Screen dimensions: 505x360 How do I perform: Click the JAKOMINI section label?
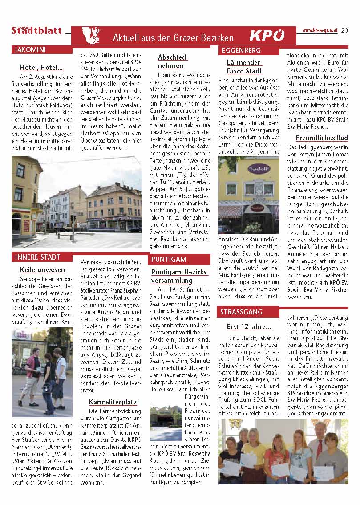point(30,49)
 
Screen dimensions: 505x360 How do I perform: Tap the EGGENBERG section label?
point(241,50)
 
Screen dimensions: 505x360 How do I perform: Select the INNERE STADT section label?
point(37,257)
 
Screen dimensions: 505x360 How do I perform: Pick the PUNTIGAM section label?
point(169,259)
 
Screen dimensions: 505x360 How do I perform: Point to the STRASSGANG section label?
point(242,312)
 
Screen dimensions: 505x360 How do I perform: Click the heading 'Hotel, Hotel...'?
point(41,68)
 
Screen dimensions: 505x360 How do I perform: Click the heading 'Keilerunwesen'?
point(42,270)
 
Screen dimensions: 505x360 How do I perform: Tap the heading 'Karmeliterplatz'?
point(113,402)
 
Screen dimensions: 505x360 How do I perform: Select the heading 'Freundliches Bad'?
point(322,138)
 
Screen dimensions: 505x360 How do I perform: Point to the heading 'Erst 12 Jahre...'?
point(249,326)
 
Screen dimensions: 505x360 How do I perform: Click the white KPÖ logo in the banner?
point(267,36)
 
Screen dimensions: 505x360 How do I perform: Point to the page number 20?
point(345,31)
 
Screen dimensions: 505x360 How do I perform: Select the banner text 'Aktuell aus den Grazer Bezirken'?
point(173,37)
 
